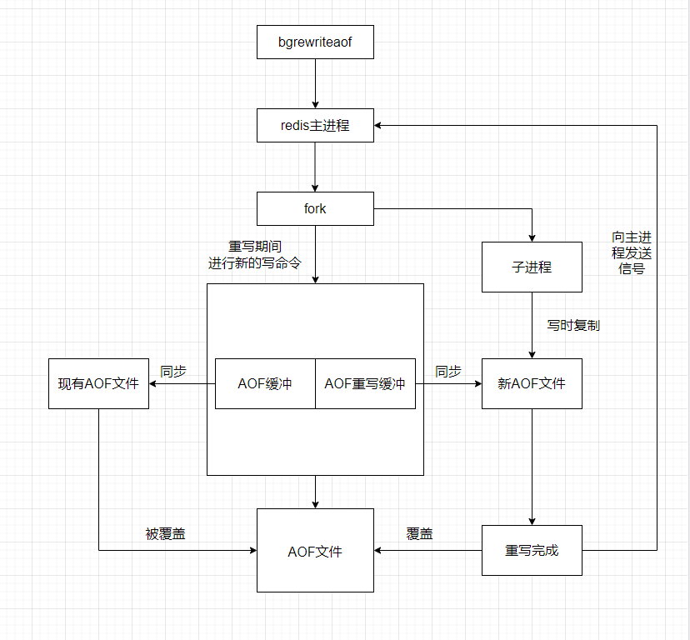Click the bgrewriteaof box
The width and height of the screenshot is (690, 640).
coord(315,42)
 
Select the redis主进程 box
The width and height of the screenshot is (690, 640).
coord(315,126)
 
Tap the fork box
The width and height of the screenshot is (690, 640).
coord(315,208)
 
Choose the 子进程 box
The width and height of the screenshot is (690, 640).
coord(532,267)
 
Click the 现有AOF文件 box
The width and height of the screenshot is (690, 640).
coord(98,383)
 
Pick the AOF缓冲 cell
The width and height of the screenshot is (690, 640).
coord(265,383)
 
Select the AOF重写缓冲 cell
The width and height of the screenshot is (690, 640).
coord(365,383)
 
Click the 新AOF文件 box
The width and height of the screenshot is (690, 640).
coord(532,383)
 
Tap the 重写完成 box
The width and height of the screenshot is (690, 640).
coord(532,550)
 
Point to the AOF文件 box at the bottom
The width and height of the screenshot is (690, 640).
coord(315,551)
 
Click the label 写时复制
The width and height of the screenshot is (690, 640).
coord(573,326)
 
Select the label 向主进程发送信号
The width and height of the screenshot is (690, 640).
coord(632,253)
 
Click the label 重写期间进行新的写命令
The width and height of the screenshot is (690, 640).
coord(254,254)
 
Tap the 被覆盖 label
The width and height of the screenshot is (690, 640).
coord(165,534)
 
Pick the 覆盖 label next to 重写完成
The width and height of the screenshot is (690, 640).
coord(420,534)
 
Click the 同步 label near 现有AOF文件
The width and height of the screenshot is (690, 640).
coord(173,372)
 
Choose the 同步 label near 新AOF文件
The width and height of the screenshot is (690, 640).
coord(448,372)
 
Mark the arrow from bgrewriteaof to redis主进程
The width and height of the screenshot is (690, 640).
coord(315,83)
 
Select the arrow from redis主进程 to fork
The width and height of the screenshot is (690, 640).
coord(315,167)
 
